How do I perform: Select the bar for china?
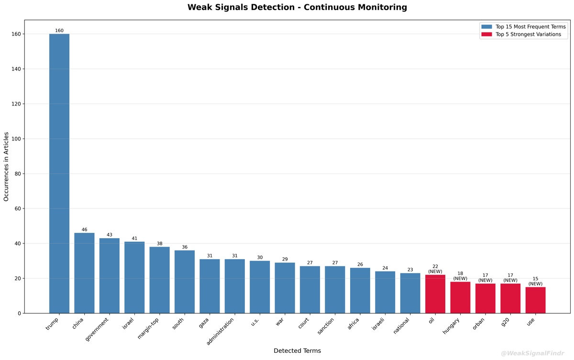tap(84, 273)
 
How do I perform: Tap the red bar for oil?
tap(435, 294)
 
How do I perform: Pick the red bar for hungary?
tap(460, 297)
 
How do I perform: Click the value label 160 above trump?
tap(59, 31)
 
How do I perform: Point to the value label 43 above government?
tap(109, 235)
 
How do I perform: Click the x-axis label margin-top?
tap(149, 327)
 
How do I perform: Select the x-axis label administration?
tap(220, 332)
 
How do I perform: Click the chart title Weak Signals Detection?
tap(297, 7)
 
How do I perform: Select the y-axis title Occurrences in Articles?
tap(6, 166)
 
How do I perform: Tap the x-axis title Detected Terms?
tap(297, 351)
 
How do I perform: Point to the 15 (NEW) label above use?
tap(535, 281)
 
